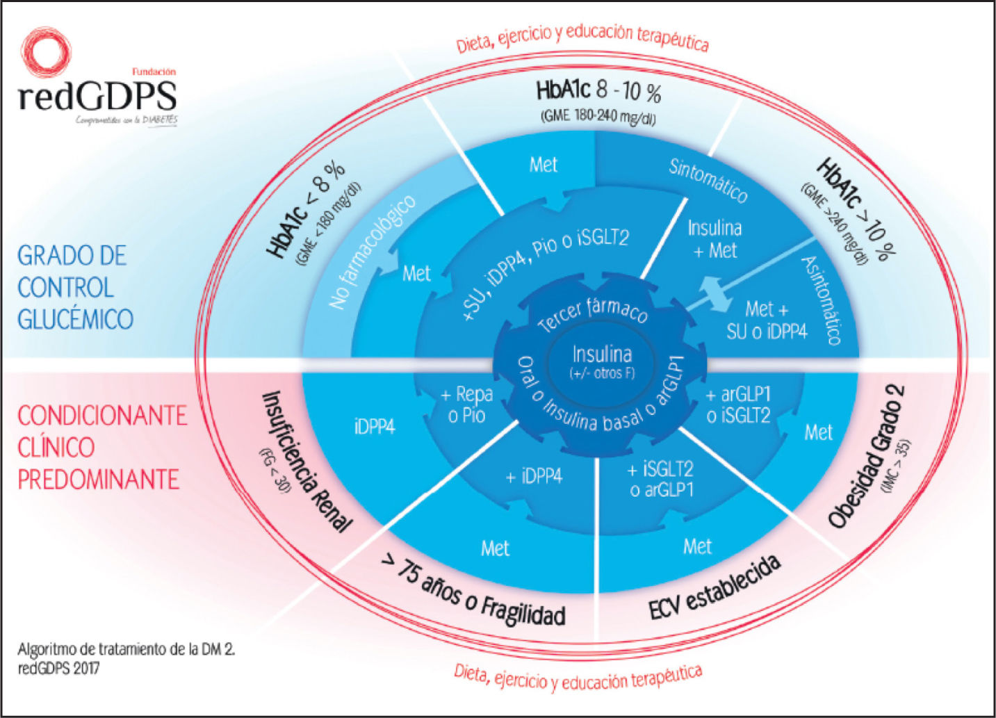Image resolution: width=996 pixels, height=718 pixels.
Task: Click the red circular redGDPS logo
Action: pos(46,51)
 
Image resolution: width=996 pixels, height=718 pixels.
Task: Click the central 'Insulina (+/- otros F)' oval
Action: pos(601,361)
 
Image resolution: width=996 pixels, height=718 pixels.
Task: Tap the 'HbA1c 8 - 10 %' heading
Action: pos(598,92)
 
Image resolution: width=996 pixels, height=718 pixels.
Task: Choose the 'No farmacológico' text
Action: pos(373,252)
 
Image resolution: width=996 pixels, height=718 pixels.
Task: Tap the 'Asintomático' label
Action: pos(822,300)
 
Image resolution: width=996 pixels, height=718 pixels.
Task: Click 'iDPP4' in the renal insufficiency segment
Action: pos(375,427)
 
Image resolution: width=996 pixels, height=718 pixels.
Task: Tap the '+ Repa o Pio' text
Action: pos(467,405)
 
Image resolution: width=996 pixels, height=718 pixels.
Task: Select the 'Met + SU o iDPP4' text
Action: pos(767,320)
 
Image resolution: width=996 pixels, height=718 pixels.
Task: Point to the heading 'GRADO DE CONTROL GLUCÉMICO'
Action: pos(75,287)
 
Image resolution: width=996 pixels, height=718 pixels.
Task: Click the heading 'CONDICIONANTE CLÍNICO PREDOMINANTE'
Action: pos(101,447)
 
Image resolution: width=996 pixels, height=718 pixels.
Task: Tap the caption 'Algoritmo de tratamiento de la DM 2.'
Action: pos(126,650)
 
